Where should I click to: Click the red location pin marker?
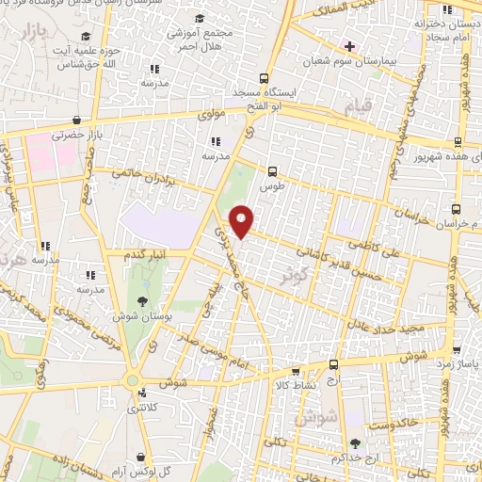click(242, 220)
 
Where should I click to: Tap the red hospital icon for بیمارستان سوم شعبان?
click(349, 44)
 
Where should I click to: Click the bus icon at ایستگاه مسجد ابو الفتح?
click(264, 80)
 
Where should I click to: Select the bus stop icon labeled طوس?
click(272, 170)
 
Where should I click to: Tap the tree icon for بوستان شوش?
click(142, 301)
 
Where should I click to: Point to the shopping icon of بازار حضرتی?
click(93, 120)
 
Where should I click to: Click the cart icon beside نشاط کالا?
click(297, 372)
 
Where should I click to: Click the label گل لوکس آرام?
click(169, 469)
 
